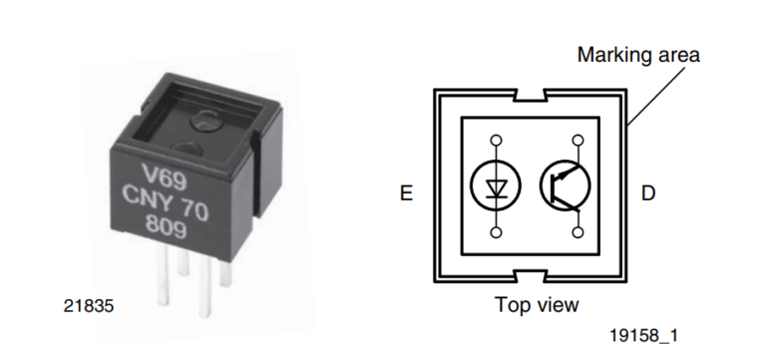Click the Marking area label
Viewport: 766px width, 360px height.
pos(638,55)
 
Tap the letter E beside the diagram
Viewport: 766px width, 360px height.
pos(406,193)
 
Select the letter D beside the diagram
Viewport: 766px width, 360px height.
pos(648,193)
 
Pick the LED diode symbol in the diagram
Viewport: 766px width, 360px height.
pos(495,185)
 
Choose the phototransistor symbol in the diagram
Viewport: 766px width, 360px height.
pos(566,185)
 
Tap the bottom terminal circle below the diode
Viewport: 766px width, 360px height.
pos(496,232)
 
